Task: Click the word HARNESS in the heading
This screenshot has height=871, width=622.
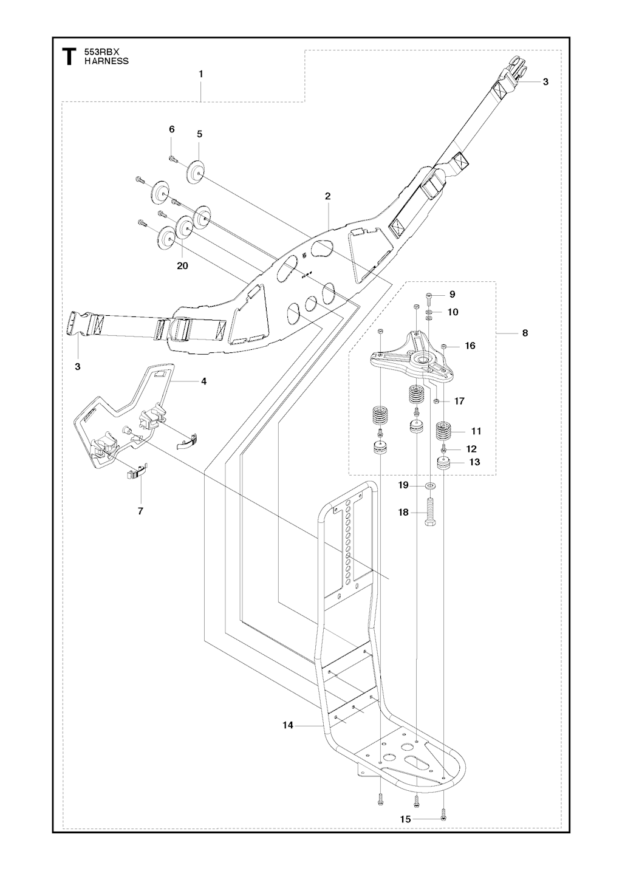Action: [106, 61]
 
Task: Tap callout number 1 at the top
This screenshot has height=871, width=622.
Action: [200, 73]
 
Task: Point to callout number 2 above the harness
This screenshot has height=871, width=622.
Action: [327, 196]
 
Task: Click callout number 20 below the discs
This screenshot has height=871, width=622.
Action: [183, 265]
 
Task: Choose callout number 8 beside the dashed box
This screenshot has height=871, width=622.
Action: [525, 333]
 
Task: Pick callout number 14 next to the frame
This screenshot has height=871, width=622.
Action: [288, 725]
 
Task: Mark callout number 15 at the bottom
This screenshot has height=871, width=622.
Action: [405, 819]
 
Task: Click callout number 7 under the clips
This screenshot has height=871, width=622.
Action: [140, 511]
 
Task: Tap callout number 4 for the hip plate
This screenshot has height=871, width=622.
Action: [203, 381]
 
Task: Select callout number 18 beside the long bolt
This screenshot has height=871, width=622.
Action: [404, 513]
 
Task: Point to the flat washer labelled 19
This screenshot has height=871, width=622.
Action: [430, 485]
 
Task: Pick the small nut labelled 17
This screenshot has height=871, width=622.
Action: [437, 401]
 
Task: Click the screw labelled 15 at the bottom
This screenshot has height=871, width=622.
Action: [443, 817]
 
